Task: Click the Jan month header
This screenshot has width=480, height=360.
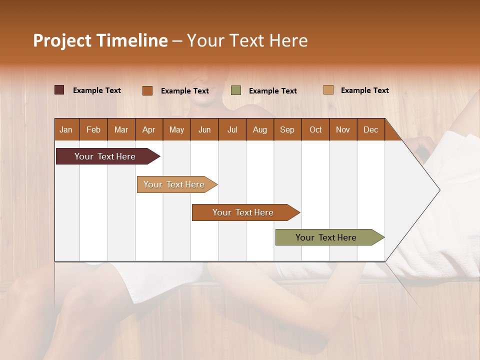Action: (66, 129)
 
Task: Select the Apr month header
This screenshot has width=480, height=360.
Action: (148, 129)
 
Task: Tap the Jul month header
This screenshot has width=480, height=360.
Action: (232, 129)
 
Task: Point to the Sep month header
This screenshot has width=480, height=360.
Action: (287, 129)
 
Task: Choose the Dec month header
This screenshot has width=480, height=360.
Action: (370, 129)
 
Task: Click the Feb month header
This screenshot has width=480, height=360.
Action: (93, 129)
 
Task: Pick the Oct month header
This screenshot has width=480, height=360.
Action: (315, 129)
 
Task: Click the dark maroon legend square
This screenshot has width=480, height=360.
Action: (59, 90)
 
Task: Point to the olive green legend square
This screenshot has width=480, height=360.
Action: (236, 90)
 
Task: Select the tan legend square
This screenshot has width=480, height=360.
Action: (328, 90)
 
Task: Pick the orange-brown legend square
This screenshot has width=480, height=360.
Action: (147, 90)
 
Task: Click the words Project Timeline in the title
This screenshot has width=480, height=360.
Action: (100, 40)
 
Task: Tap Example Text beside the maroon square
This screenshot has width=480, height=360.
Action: (97, 90)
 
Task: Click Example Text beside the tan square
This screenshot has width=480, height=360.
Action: (365, 90)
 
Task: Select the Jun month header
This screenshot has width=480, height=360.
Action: (204, 129)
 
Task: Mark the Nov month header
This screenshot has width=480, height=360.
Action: (343, 129)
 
